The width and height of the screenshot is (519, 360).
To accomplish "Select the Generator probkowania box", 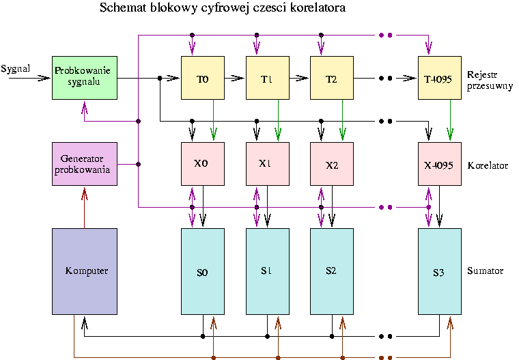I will point(84,164).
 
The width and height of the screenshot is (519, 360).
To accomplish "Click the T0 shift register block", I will point(203,78).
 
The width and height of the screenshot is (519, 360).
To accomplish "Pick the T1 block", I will point(267,78).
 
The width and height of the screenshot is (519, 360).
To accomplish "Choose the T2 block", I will point(331,78).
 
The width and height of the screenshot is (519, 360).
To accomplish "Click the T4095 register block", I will point(439,78).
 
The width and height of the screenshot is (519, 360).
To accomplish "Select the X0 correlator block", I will point(203,164).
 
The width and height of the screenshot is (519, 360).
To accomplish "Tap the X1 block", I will point(267,164).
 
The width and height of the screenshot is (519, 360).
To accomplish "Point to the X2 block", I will point(331,164).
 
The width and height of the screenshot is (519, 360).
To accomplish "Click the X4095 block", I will point(439,164).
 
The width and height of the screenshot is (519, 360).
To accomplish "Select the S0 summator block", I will point(203,271).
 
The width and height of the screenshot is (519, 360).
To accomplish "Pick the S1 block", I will point(267,271).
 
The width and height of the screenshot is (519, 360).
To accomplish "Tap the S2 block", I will point(331,271).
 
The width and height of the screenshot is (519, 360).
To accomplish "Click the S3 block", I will point(439,271).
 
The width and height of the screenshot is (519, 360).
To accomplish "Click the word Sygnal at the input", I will point(16,68).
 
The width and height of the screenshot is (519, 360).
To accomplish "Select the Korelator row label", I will point(488,166).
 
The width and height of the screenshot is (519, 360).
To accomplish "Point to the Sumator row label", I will point(486,271).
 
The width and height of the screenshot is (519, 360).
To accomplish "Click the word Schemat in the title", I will point(122,8).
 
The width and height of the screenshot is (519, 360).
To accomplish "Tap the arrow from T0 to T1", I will point(235,78).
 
